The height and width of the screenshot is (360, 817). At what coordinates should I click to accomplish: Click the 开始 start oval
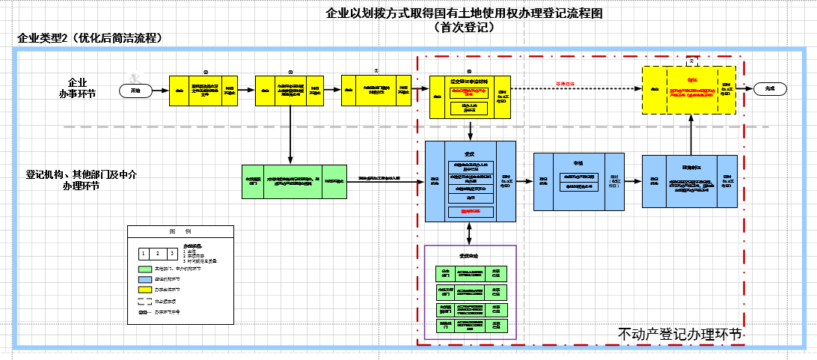click(135, 90)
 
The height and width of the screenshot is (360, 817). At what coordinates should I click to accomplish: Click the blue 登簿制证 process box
click(688, 180)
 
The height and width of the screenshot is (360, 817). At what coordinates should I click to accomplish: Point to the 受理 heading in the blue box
click(470, 153)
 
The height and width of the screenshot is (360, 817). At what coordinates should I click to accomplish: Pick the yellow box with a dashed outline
click(688, 89)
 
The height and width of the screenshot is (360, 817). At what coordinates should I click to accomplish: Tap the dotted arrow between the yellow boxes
click(576, 88)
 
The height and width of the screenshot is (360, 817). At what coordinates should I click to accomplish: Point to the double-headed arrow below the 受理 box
click(470, 234)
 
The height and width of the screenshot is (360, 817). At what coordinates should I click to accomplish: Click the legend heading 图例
click(180, 231)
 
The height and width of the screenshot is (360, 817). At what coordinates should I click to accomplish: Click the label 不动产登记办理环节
click(680, 334)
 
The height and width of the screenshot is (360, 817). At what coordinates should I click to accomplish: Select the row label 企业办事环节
click(77, 88)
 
